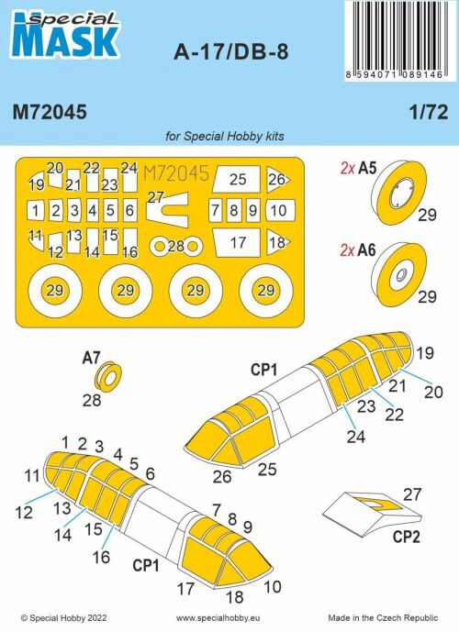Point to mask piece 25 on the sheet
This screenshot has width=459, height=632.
(238, 180)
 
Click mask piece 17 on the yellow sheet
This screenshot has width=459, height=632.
(238, 243)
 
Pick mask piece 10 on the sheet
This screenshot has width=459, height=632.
(279, 210)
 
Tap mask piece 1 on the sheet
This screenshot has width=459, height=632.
(35, 211)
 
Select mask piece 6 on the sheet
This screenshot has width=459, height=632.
(129, 211)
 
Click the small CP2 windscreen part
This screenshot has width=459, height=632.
(366, 509)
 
